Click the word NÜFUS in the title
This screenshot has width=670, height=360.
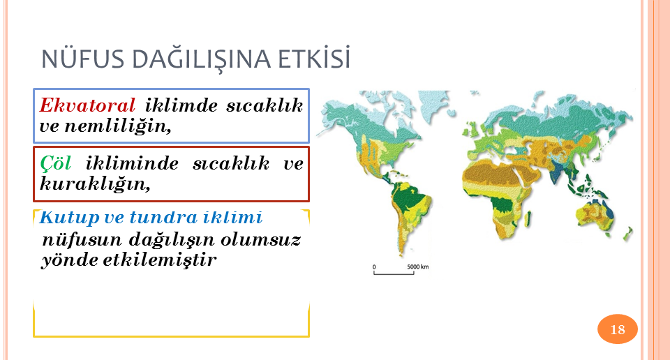(83, 59)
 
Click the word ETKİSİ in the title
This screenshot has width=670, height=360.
(314, 58)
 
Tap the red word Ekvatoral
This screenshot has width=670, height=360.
(88, 105)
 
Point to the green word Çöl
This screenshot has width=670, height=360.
(55, 163)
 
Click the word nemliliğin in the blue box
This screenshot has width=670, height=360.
(118, 126)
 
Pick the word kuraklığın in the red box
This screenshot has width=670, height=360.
(95, 184)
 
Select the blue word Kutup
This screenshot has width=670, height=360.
(69, 218)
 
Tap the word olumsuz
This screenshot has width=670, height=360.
(261, 239)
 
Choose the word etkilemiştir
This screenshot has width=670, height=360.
(159, 260)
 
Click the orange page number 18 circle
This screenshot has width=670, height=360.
(618, 329)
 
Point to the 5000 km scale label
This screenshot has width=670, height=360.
(417, 267)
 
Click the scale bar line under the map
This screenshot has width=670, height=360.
(394, 273)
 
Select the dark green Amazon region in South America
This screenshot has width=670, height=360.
(410, 200)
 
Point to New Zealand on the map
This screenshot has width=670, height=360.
(627, 234)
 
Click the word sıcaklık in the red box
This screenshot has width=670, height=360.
(231, 163)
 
